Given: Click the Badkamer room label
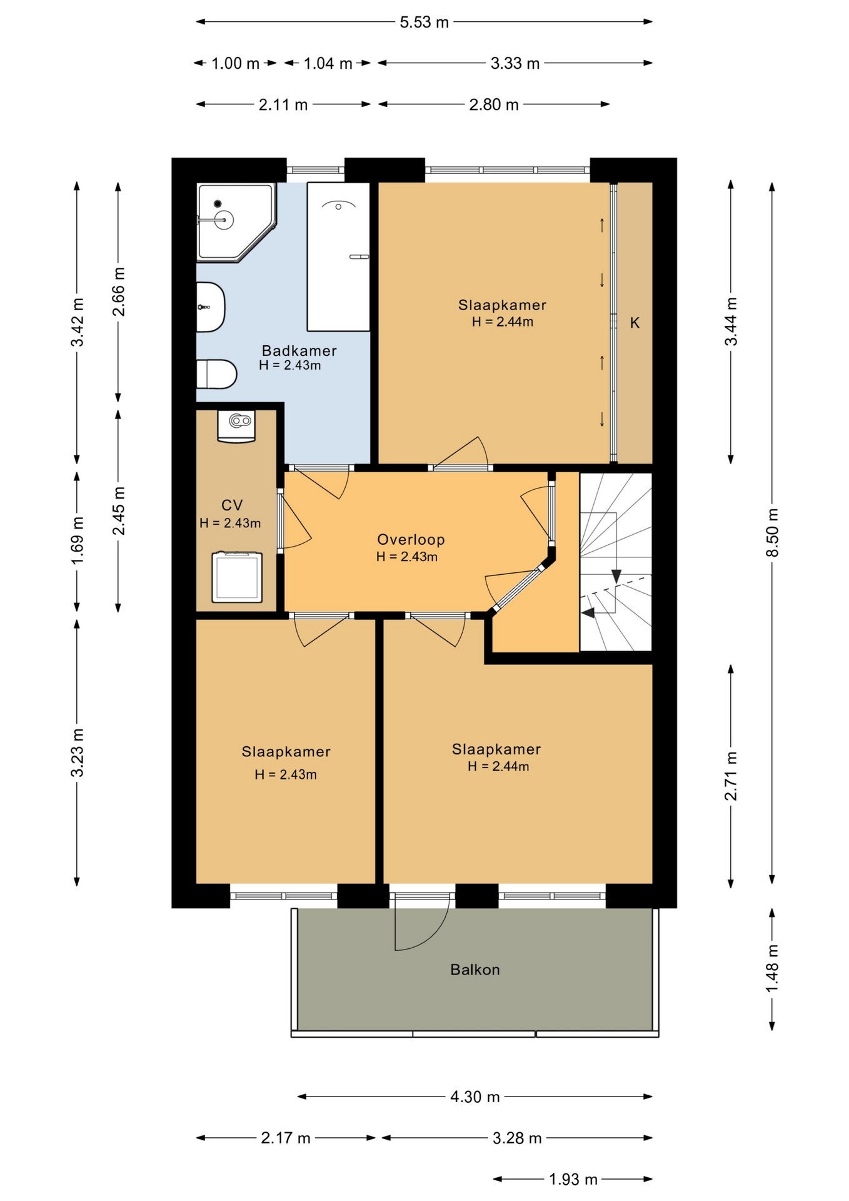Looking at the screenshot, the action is pyautogui.click(x=299, y=350).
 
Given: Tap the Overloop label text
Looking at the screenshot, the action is pyautogui.click(x=411, y=539).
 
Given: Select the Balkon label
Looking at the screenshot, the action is pyautogui.click(x=475, y=970).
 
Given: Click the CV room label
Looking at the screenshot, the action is pyautogui.click(x=232, y=505).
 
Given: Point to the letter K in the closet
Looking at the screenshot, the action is pyautogui.click(x=635, y=323).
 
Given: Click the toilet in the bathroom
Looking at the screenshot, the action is pyautogui.click(x=216, y=375).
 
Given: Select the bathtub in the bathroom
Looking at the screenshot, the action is pyautogui.click(x=338, y=256).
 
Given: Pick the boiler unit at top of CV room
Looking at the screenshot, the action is pyautogui.click(x=236, y=426).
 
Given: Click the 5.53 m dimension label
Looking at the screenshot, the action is pyautogui.click(x=424, y=22).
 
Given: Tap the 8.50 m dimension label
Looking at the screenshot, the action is pyautogui.click(x=773, y=532).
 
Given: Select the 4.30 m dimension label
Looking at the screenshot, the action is pyautogui.click(x=475, y=1097).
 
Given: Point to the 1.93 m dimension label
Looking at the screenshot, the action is pyautogui.click(x=573, y=1179).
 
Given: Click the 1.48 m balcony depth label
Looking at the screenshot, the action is pyautogui.click(x=773, y=968).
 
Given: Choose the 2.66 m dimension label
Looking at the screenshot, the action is pyautogui.click(x=118, y=291).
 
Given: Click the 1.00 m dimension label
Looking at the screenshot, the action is pyautogui.click(x=235, y=63).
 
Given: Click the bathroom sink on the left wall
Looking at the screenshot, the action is pyautogui.click(x=210, y=307).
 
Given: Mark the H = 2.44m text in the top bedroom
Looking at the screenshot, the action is pyautogui.click(x=503, y=322).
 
